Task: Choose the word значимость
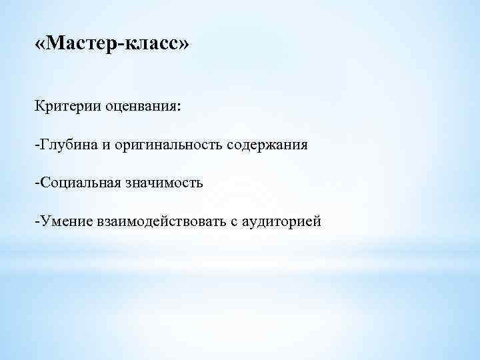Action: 165,183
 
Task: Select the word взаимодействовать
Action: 161,220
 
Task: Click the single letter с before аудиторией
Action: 234,221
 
